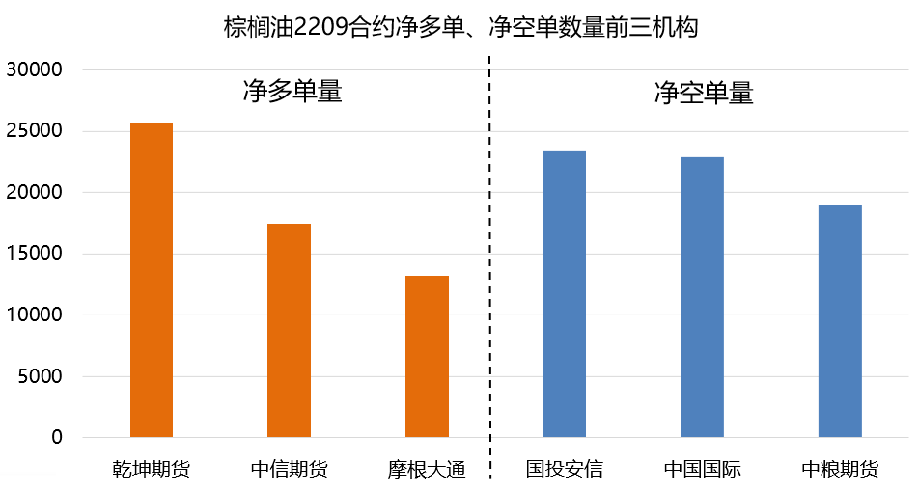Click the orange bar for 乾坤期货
pos(152,280)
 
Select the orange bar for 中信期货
pos(290,330)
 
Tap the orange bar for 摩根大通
pos(427,356)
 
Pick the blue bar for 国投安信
pos(565,293)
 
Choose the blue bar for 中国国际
pos(702,297)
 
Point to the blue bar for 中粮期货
pos(840,321)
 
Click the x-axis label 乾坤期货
pos(152,470)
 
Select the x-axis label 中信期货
pos(290,470)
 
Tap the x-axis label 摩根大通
pos(427,470)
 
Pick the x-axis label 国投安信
pos(565,470)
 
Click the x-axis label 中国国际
pos(702,470)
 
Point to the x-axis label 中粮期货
pos(840,470)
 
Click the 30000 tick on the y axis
pos(34,70)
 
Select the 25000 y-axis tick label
pos(34,131)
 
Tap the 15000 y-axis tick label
pos(34,254)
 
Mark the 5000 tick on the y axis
pos(40,376)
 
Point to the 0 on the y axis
pos(57,438)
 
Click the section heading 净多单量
pos(292,93)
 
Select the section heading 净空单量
pos(703,93)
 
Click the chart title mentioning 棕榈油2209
pos(459,26)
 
